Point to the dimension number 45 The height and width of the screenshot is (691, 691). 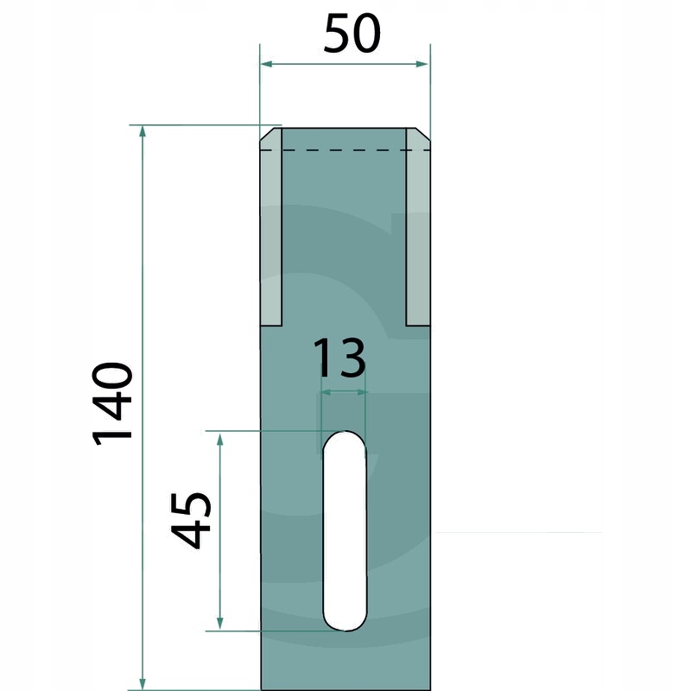click(191, 520)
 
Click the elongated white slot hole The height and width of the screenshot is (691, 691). click(344, 530)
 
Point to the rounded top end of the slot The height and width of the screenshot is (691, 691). click(344, 438)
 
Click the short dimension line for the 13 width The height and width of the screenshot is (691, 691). click(344, 392)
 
